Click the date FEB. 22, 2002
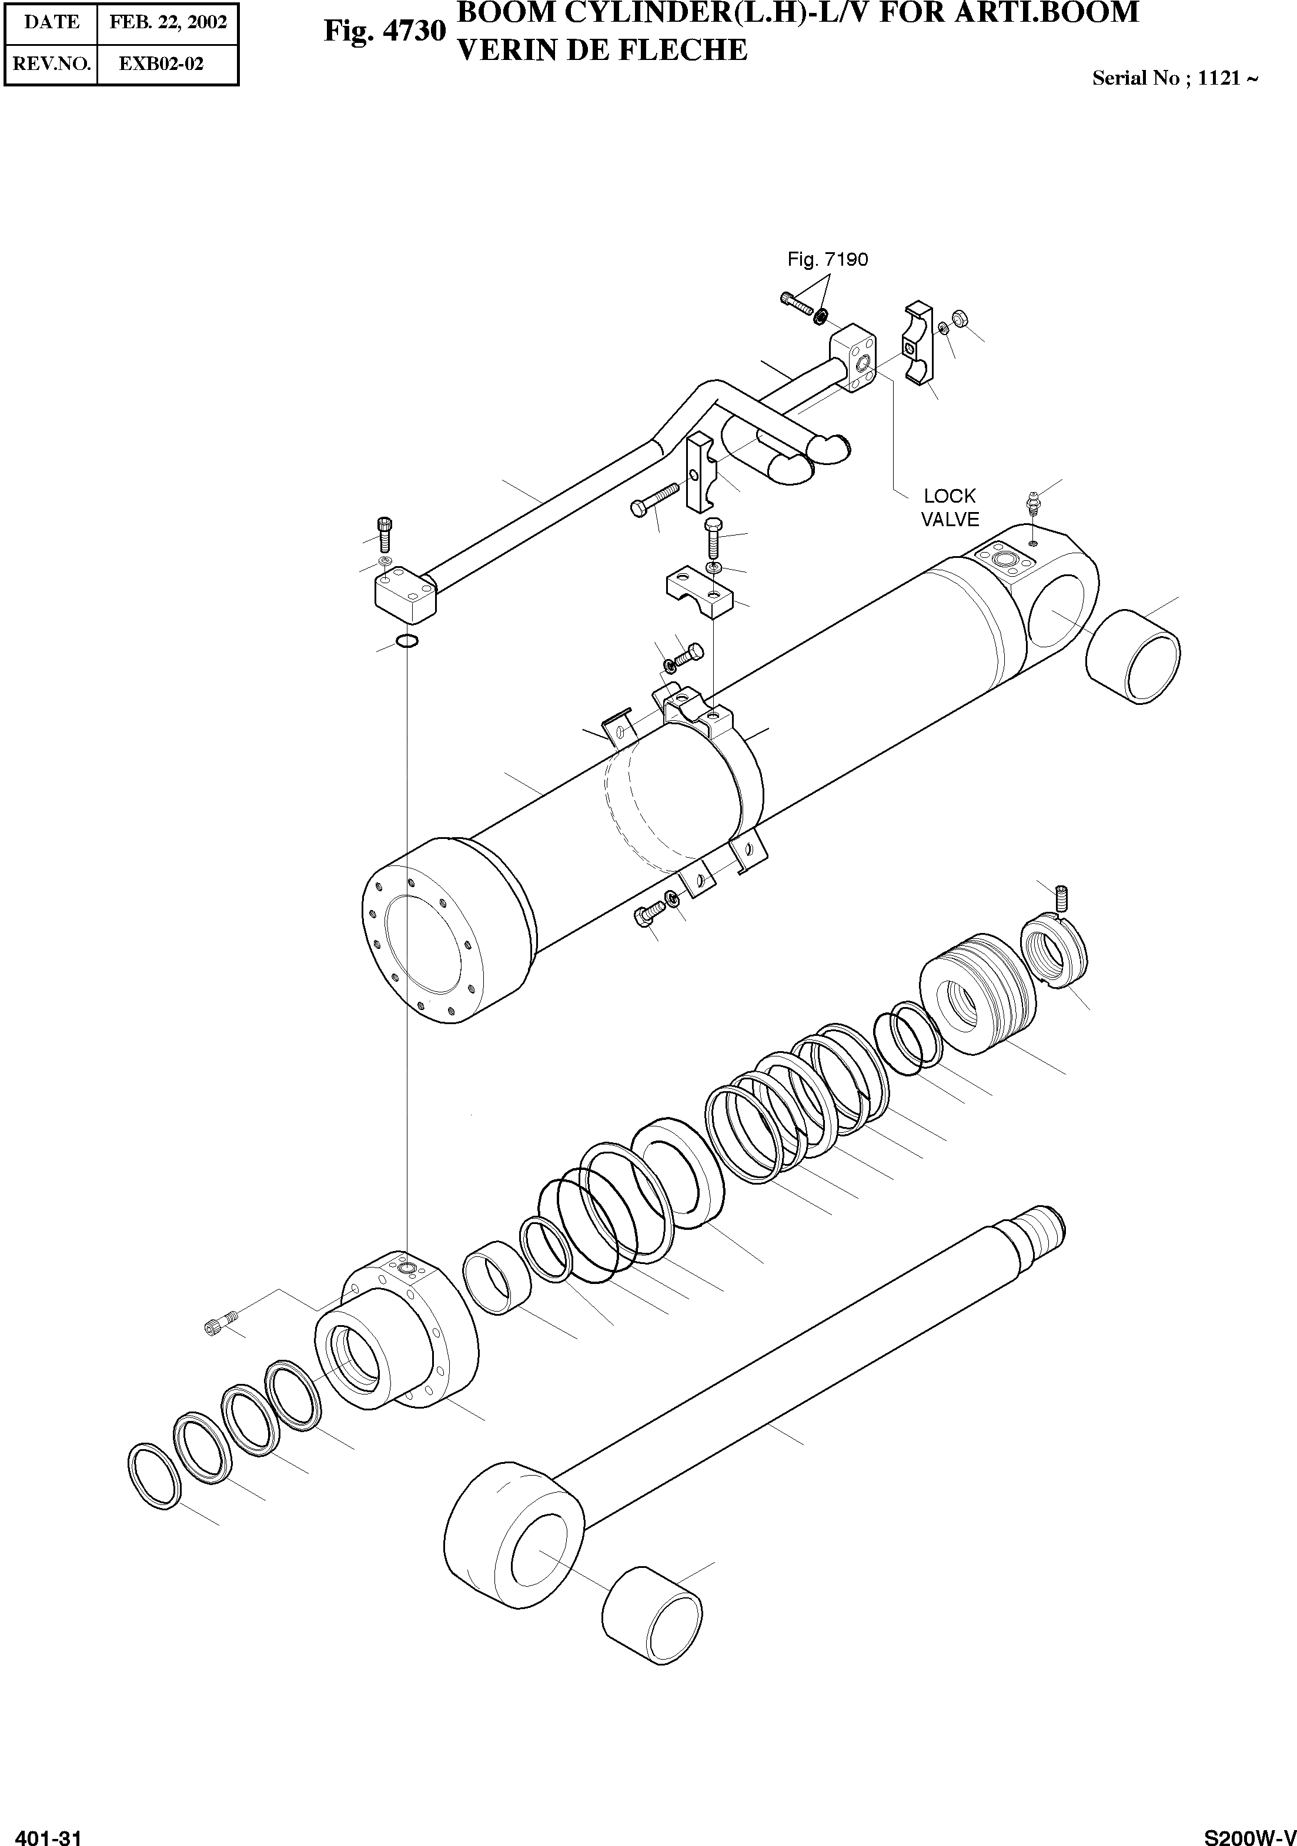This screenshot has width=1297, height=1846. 168,22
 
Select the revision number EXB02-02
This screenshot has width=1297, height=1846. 162,63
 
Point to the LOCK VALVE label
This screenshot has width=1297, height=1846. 950,507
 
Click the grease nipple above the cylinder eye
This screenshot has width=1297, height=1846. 1032,506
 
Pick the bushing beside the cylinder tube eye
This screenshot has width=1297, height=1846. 1134,656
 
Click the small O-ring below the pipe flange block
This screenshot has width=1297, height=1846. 407,641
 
